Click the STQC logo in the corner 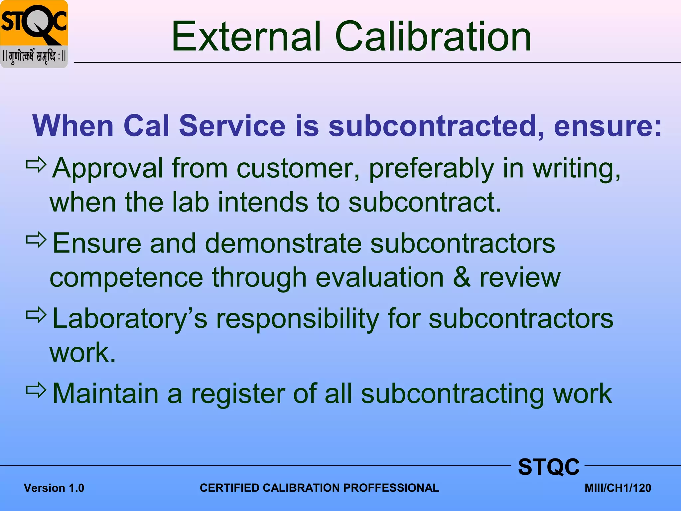coord(34,34)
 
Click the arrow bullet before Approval coord(36,164)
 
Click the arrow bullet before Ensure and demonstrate coord(36,240)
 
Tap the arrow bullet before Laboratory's coord(36,315)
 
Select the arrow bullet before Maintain coord(36,390)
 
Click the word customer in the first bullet coord(298,168)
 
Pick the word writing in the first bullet coord(577,169)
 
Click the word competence coord(126,278)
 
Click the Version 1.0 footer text coord(54,488)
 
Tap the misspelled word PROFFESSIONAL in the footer coord(391,488)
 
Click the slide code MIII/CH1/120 coord(618,488)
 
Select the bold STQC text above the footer coord(549,467)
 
